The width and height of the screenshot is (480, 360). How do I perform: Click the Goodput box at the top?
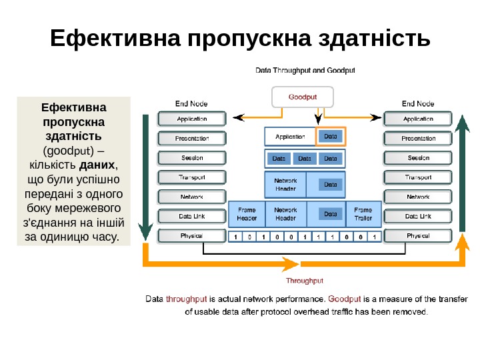tap(302, 97)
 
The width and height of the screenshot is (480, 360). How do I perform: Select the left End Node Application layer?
tap(191, 119)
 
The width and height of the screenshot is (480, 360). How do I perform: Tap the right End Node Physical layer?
tap(418, 236)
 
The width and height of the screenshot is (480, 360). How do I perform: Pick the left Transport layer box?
tap(191, 178)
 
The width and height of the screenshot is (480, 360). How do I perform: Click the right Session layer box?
tap(418, 158)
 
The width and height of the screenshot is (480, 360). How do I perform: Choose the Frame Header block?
tap(247, 214)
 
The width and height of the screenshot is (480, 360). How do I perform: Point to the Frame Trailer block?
tap(363, 214)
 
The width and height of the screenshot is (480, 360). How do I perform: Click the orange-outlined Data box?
tap(331, 137)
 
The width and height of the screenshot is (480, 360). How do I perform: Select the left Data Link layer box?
tap(191, 217)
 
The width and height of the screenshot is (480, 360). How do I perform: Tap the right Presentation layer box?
tap(418, 139)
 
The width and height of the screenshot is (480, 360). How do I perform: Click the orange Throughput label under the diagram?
tap(305, 281)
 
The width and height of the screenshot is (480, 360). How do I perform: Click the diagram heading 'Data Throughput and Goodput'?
tap(305, 69)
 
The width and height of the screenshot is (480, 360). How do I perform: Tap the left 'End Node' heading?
tap(191, 103)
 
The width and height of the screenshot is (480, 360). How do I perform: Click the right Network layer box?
tap(418, 197)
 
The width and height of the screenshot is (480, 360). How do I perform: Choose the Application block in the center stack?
tap(290, 137)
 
